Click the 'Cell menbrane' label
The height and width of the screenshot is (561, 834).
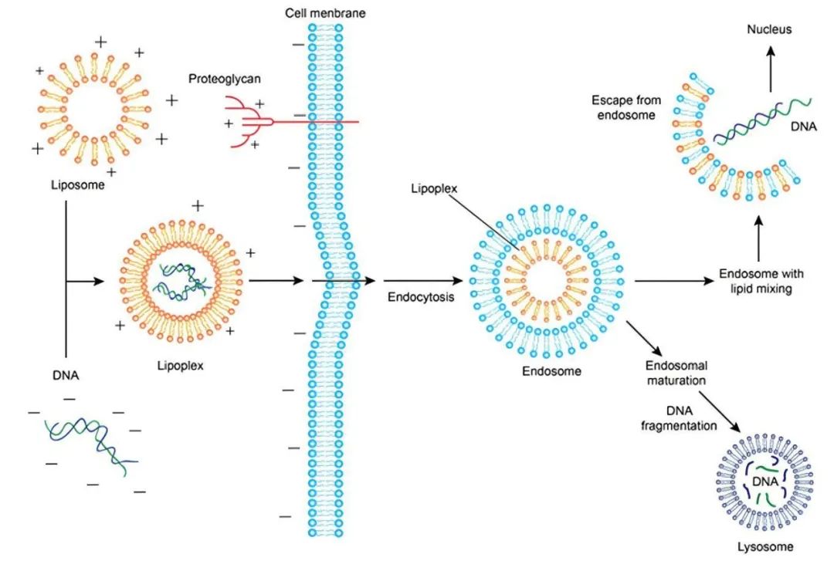[325, 13]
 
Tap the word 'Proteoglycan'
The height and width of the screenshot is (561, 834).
[225, 79]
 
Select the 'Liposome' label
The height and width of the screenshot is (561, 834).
[78, 185]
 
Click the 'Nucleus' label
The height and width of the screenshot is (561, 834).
[769, 29]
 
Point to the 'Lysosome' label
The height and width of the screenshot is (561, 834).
[764, 546]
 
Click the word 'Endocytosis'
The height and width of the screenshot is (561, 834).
[421, 297]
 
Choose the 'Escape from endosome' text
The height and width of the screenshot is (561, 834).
[626, 107]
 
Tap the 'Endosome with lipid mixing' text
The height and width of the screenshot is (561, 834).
[761, 282]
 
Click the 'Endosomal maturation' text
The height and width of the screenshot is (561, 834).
[676, 373]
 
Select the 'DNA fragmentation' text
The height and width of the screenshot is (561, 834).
[679, 418]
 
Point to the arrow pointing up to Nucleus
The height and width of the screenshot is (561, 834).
[770, 69]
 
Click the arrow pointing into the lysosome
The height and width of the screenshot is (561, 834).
[719, 412]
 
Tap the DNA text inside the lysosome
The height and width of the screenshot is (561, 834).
[764, 482]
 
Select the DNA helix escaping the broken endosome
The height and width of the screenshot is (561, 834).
[761, 122]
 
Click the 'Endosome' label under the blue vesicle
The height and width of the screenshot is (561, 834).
[551, 371]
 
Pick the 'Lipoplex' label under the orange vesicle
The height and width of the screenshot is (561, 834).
[180, 366]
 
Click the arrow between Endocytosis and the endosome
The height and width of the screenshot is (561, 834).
[423, 280]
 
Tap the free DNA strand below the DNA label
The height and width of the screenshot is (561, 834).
[91, 445]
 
